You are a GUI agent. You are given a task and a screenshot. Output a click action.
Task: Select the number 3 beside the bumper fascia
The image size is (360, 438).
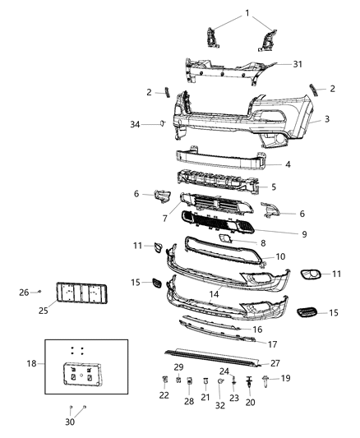click(x=326, y=120)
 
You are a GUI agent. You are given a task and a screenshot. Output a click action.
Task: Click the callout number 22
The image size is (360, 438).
click(x=164, y=396)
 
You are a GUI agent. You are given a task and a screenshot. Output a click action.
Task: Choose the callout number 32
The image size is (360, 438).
click(x=219, y=405)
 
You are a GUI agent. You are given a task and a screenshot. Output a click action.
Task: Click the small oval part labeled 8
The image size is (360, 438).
click(x=223, y=239)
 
